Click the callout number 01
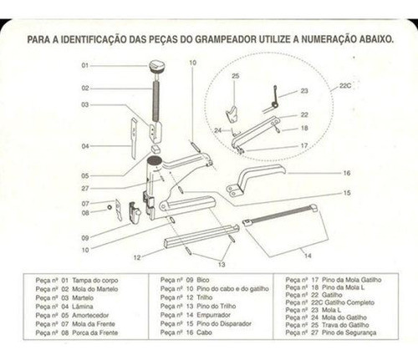click(x=84, y=65)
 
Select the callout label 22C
click(x=345, y=85)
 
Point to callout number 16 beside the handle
click(x=346, y=173)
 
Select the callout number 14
click(x=307, y=255)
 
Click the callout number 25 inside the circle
click(x=235, y=76)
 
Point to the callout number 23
click(x=304, y=90)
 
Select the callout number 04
click(x=84, y=147)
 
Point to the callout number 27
click(x=84, y=189)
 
